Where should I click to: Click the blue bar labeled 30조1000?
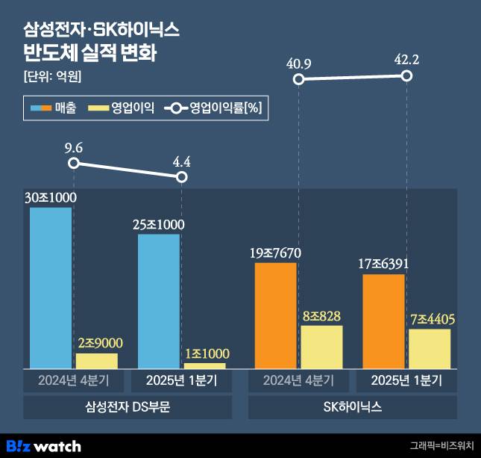tap(51, 288)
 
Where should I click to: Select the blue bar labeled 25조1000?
tap(159, 301)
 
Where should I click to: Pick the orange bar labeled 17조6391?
tap(383, 321)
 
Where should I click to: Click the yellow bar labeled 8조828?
tap(321, 347)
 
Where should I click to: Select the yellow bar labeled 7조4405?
tap(430, 348)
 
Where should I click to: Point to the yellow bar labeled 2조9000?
tap(97, 361)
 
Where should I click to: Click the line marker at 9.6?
tap(73, 164)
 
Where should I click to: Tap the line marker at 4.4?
tap(181, 177)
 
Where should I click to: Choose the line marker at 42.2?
tap(406, 76)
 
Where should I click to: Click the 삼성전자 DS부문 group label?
tap(128, 407)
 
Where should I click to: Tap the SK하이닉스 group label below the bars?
tap(352, 407)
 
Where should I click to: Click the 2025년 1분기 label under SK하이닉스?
tap(406, 380)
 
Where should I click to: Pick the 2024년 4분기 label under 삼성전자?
tap(73, 380)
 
